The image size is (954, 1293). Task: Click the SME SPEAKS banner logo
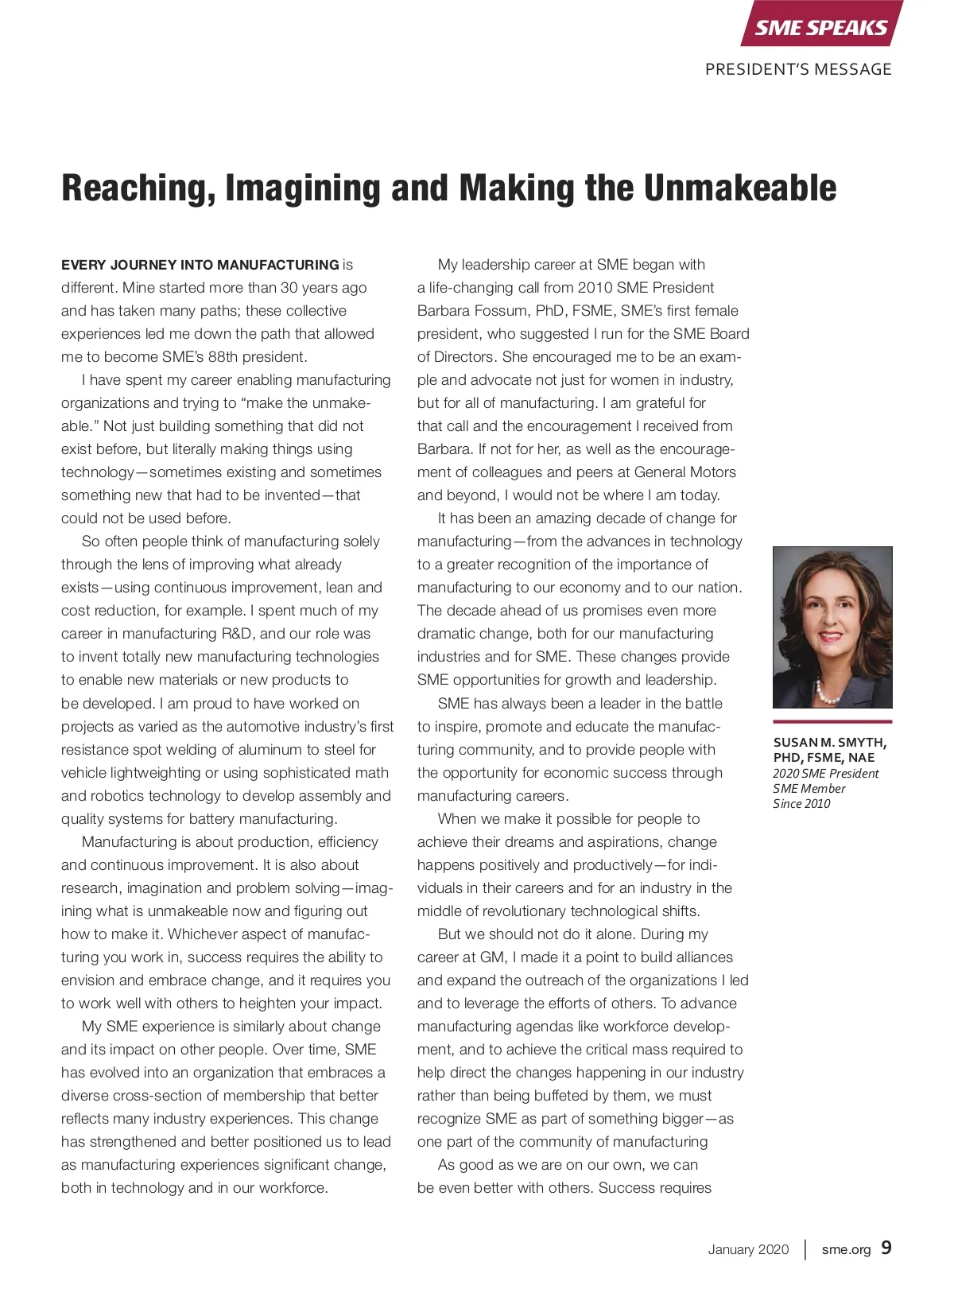point(820,28)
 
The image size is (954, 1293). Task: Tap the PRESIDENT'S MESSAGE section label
point(798,69)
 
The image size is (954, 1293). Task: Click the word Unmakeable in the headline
point(739,188)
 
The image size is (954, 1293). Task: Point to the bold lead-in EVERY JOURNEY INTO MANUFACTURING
point(200,265)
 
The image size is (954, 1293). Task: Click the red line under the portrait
point(832,721)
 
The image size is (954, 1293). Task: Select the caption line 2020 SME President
point(825,773)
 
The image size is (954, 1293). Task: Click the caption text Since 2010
point(801,804)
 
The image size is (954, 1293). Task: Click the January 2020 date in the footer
point(748,1249)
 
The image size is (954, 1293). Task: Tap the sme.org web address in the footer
point(846,1249)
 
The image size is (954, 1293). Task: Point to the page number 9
point(886,1248)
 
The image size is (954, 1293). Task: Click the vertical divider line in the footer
point(805,1249)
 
